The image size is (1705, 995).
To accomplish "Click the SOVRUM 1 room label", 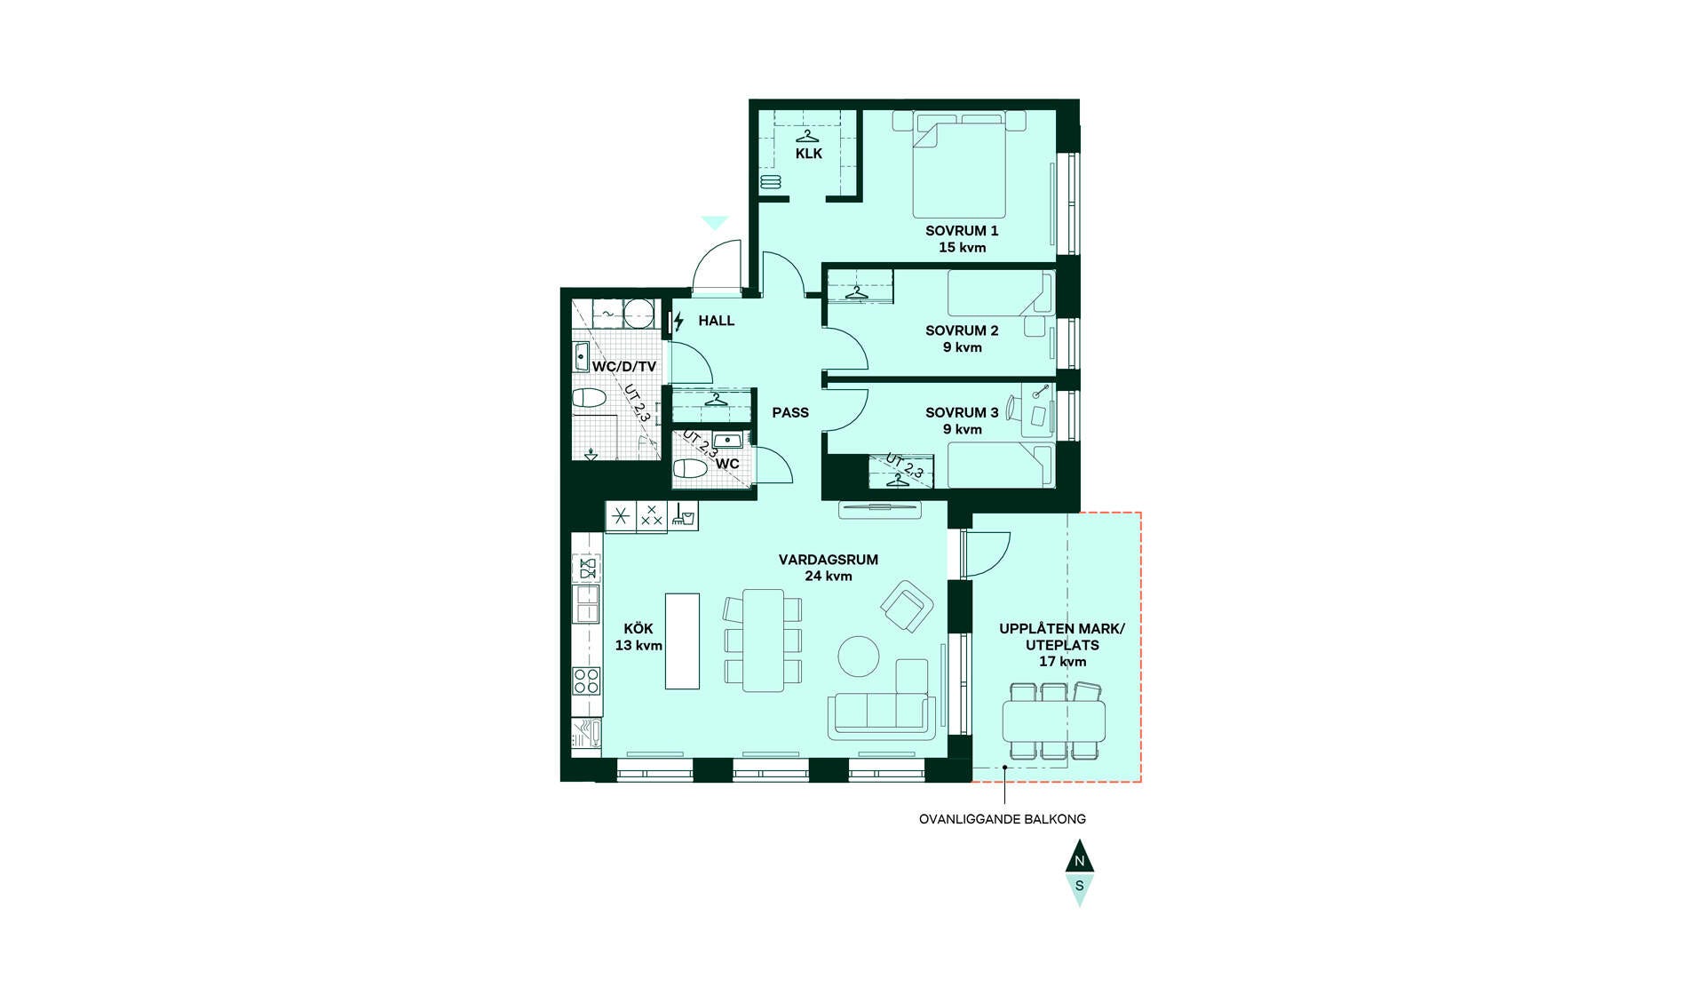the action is tap(962, 231).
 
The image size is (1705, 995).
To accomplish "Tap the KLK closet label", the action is tap(809, 154).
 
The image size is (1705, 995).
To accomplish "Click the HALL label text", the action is tap(716, 321).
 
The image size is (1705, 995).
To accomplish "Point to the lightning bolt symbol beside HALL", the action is tap(679, 321).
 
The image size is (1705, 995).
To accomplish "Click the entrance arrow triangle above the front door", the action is tap(715, 222).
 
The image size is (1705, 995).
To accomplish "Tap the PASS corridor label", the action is tap(790, 412).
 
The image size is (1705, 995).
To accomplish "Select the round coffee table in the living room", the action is tap(859, 657).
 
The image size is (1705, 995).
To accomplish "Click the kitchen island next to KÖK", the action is tap(683, 641).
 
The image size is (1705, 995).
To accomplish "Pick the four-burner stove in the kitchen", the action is tap(587, 681).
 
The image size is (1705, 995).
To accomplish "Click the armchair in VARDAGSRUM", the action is tap(907, 606).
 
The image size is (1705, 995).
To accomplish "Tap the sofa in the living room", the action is tap(882, 708).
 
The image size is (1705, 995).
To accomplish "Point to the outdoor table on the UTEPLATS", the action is tap(1054, 721).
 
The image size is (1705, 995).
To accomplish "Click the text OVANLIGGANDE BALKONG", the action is tap(1003, 819).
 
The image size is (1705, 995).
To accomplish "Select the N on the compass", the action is tap(1080, 861).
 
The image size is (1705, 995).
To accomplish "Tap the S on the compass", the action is tap(1080, 886).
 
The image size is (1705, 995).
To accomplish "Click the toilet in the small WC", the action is tap(691, 468).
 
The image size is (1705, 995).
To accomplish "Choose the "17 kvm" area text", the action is tap(1062, 662).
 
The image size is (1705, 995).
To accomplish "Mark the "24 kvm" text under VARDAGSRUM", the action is tap(829, 576).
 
